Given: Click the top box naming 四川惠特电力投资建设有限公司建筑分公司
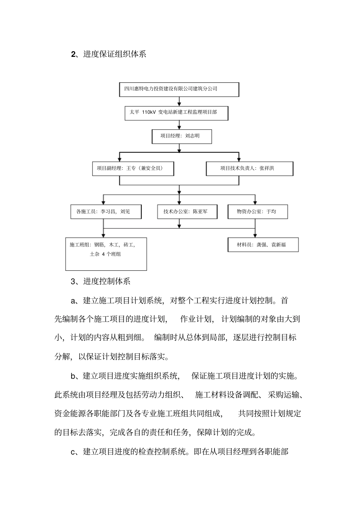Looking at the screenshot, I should (179, 89).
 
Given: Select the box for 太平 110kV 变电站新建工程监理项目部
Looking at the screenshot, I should (176, 113).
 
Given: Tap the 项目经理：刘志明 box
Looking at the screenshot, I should (181, 136).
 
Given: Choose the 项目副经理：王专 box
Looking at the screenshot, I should (133, 169).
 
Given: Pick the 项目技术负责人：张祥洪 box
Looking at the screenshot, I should (249, 169).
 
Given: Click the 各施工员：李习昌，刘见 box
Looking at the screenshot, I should (106, 212).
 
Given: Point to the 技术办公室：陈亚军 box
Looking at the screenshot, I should (187, 212).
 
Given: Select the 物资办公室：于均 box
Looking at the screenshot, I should (257, 212).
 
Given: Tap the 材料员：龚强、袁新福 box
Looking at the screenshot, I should (263, 245).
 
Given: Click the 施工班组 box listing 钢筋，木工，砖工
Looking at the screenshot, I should (106, 254).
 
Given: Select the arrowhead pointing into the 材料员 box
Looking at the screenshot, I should (255, 235).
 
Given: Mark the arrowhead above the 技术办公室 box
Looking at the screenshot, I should (180, 202).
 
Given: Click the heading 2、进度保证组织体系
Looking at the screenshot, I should (109, 54).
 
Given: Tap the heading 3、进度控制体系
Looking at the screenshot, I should (101, 281).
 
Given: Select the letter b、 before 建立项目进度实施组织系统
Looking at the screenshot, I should (74, 376).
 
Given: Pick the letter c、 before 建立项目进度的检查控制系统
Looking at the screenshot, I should (74, 452).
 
